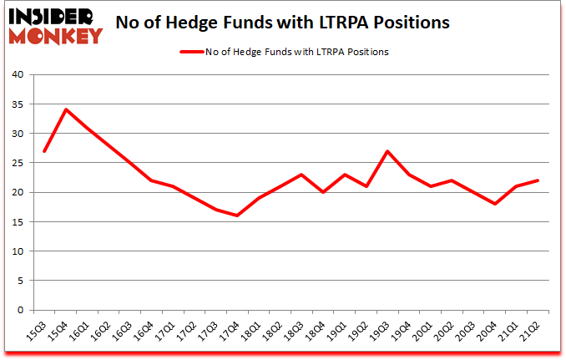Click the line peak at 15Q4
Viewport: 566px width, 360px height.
click(66, 109)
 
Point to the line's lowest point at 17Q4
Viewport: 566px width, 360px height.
click(237, 215)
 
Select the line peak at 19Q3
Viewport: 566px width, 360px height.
click(387, 151)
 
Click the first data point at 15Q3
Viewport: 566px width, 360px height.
click(44, 151)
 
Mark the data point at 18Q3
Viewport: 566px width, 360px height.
click(301, 175)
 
